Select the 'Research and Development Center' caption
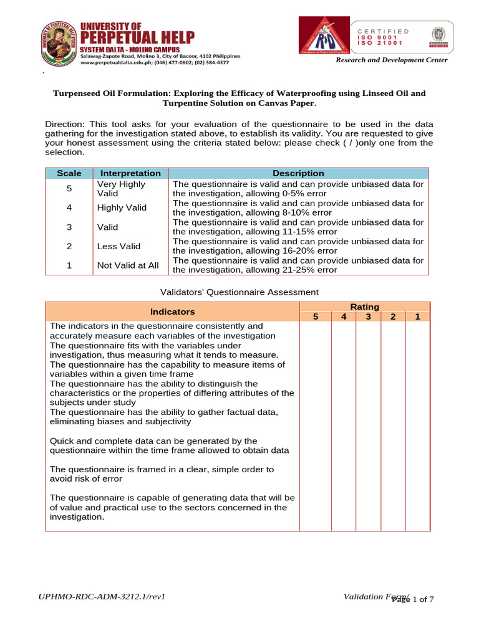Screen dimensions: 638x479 (391, 60)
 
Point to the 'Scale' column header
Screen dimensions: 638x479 (69, 173)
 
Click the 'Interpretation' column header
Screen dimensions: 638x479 (130, 173)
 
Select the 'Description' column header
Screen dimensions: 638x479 (298, 173)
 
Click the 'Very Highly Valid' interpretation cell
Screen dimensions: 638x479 (121, 189)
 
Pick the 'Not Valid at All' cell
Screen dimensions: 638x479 (128, 265)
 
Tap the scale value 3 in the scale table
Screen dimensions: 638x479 (69, 227)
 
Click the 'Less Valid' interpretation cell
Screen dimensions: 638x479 (119, 246)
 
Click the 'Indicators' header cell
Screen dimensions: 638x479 (172, 312)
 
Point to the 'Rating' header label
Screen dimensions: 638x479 (364, 307)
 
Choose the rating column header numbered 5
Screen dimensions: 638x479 (316, 317)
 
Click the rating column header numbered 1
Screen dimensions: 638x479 (417, 317)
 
